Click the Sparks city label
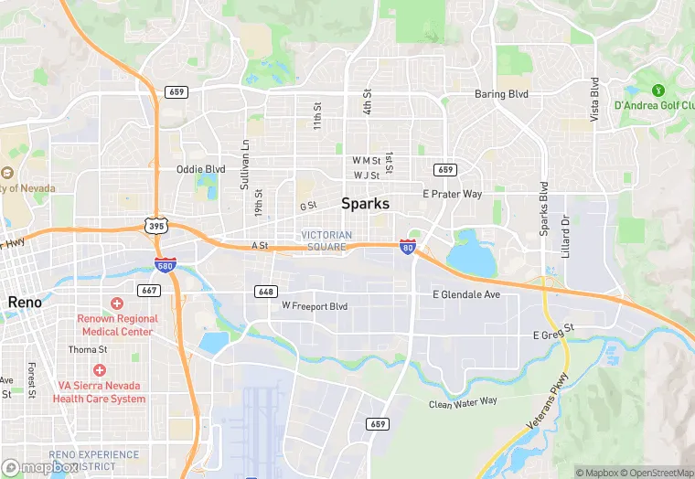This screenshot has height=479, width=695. point(366,204)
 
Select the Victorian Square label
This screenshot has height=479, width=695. point(326,240)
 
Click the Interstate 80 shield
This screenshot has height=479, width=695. point(407,246)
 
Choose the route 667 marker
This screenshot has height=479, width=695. point(150,291)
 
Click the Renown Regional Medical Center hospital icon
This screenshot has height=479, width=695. point(117,303)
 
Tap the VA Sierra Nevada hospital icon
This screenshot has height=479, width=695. point(99,370)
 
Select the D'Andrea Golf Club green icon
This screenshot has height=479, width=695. point(658,90)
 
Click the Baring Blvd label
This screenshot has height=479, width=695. point(502,94)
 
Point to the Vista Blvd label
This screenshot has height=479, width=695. point(594,101)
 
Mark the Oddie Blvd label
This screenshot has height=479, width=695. point(200,169)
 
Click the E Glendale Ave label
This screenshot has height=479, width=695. point(466,294)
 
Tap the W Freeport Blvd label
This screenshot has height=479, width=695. point(315,305)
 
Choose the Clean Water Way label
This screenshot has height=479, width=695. point(464,401)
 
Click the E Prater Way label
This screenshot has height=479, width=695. point(452,194)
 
